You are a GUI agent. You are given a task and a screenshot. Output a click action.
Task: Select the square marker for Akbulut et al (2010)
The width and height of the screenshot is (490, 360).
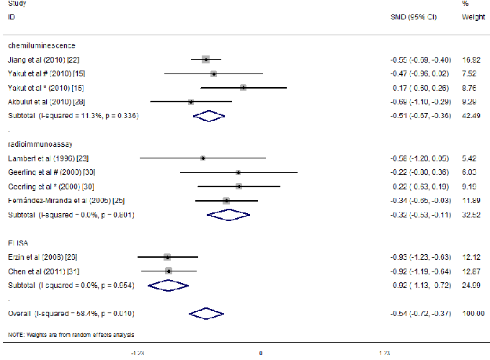point(190,102)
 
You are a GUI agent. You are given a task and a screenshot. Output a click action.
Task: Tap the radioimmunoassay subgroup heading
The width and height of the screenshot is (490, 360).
point(40,143)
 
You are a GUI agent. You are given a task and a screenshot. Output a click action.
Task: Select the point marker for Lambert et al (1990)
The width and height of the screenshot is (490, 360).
point(203,158)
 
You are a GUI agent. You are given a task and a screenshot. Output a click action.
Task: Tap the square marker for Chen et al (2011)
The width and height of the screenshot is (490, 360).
point(169,271)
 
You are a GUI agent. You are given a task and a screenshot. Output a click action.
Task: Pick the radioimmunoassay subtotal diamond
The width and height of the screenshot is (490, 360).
point(228,215)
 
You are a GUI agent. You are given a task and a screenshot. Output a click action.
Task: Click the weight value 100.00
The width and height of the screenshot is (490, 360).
point(473,313)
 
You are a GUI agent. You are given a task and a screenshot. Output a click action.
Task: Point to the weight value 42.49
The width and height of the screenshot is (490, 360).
point(473,115)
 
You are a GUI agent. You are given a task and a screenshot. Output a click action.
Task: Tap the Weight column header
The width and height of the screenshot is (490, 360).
point(472,16)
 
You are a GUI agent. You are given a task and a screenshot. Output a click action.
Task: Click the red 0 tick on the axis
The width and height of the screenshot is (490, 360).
point(260,353)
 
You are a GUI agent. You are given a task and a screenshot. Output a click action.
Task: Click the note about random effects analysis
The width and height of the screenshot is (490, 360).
point(71,335)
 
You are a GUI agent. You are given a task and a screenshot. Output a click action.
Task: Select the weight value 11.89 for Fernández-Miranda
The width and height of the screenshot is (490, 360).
point(473,200)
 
